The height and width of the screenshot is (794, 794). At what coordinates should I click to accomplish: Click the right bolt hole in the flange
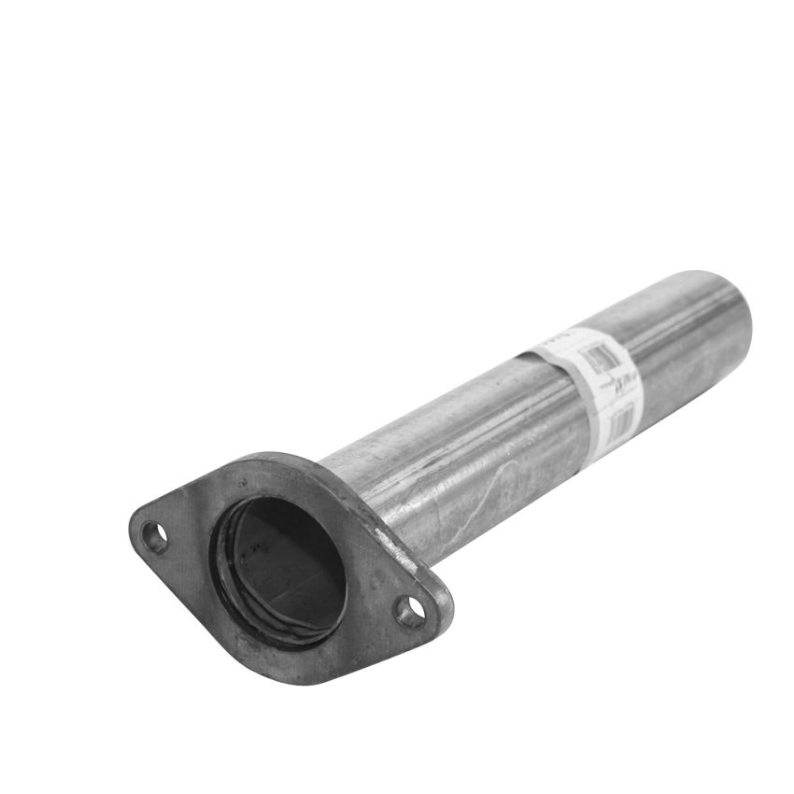point(408,612)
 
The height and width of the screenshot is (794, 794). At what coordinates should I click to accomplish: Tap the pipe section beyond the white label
point(691,336)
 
